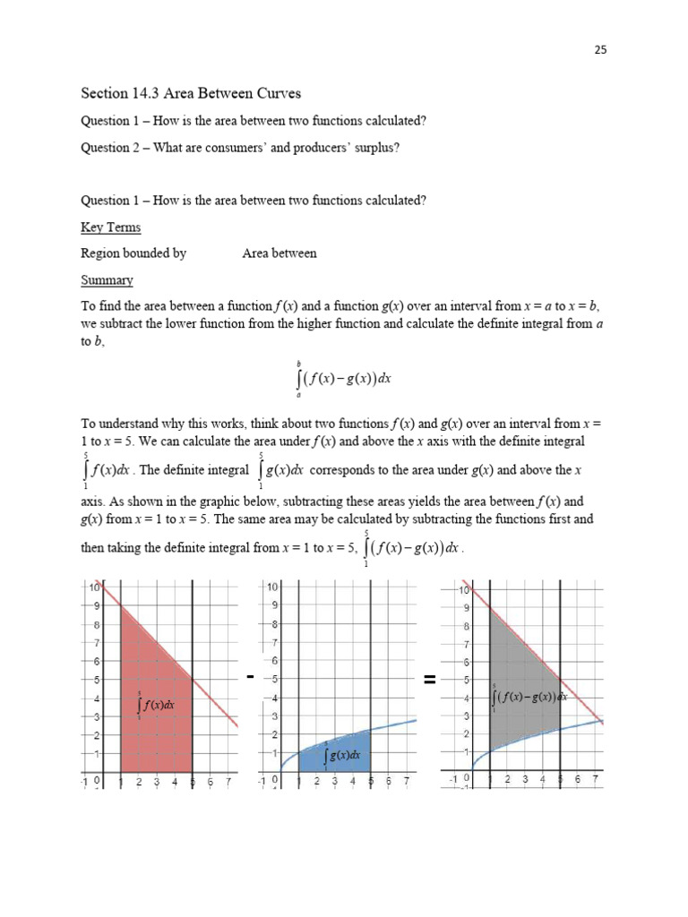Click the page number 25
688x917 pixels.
(x=600, y=50)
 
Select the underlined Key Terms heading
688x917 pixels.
(x=110, y=227)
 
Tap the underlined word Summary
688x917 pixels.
(x=107, y=279)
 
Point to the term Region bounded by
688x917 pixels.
(x=133, y=253)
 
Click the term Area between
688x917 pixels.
(x=279, y=253)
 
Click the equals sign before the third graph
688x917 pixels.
(x=429, y=681)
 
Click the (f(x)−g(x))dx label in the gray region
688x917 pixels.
(x=529, y=696)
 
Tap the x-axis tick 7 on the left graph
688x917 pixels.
(x=228, y=782)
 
